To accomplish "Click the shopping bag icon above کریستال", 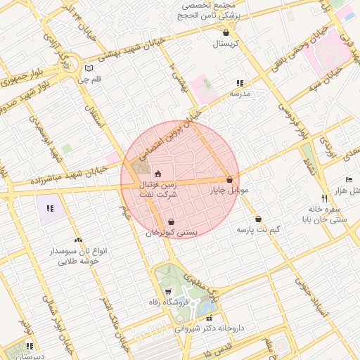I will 226,32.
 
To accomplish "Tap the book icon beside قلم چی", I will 88,69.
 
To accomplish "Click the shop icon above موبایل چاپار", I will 230,179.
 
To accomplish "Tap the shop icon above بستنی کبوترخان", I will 172,221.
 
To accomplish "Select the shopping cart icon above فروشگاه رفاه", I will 167,292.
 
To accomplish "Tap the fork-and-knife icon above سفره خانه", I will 324,199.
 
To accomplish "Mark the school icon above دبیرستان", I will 30,346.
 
